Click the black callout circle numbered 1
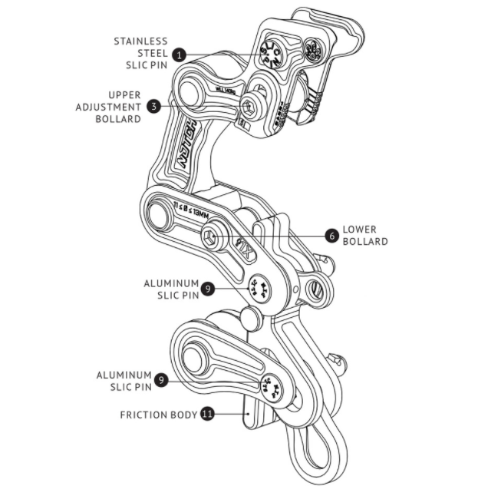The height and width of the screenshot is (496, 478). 179,55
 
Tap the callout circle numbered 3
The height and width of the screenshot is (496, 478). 154,107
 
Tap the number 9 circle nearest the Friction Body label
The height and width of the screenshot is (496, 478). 160,380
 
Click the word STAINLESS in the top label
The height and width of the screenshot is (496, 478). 141,40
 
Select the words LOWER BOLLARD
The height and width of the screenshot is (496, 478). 364,235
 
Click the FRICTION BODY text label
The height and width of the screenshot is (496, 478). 158,414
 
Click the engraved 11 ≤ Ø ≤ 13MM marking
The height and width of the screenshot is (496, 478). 191,210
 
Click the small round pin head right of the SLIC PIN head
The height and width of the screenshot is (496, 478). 313,51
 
